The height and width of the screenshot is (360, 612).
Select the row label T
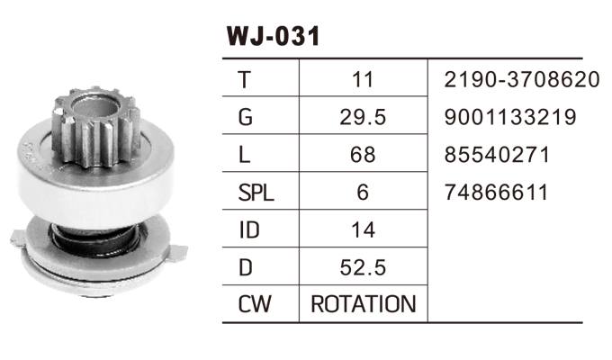(245, 80)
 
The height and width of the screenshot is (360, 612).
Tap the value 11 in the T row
(363, 80)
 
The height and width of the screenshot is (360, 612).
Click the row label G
(246, 118)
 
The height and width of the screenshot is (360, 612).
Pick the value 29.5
(363, 118)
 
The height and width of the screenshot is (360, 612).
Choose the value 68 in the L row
(363, 156)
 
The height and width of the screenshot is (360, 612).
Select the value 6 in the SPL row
(363, 193)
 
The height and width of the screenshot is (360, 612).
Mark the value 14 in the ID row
(363, 230)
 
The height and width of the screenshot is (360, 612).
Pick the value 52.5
(363, 267)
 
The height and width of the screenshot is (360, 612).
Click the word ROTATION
(363, 304)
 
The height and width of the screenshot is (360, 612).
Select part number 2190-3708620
(521, 80)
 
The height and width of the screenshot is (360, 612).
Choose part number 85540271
(496, 156)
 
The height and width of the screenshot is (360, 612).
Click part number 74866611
(496, 193)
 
